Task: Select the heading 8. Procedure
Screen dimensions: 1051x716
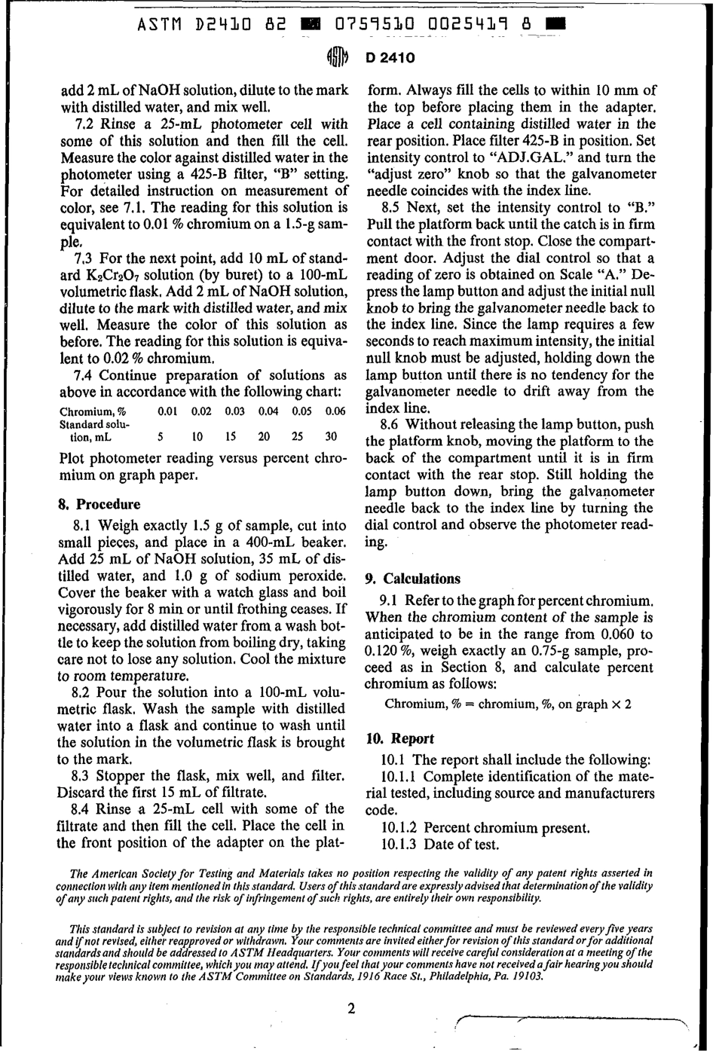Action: [99, 504]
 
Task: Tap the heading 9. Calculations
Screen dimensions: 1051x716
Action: [412, 579]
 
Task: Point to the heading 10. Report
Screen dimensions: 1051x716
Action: [399, 738]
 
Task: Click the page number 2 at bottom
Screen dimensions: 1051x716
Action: [351, 1009]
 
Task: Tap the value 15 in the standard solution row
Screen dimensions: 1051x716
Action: [232, 437]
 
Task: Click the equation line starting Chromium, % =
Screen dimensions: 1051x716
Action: [508, 704]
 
